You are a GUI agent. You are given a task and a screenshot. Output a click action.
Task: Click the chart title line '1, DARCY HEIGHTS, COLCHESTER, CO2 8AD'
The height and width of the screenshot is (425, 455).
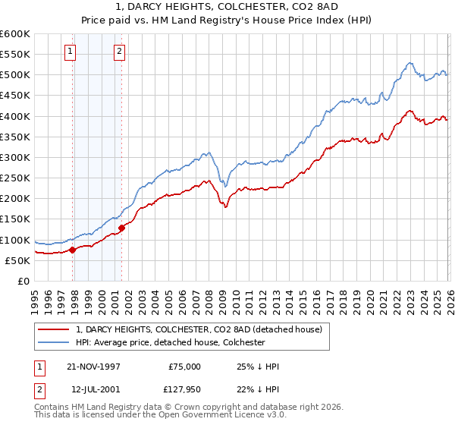[x=227, y=7]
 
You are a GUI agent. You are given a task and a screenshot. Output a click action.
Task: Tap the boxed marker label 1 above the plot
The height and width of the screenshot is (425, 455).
[x=70, y=52]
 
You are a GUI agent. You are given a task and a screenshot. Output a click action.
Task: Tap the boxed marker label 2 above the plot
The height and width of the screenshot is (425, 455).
[x=120, y=52]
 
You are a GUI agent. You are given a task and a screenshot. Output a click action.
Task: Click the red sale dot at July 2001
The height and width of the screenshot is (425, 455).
[x=121, y=228]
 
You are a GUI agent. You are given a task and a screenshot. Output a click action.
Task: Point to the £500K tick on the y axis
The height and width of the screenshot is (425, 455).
[x=15, y=75]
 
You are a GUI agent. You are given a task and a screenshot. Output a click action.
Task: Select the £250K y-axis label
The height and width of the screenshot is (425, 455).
[x=15, y=178]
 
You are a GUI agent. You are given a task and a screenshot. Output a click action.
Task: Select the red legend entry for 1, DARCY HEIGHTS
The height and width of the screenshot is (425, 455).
[x=199, y=329]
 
